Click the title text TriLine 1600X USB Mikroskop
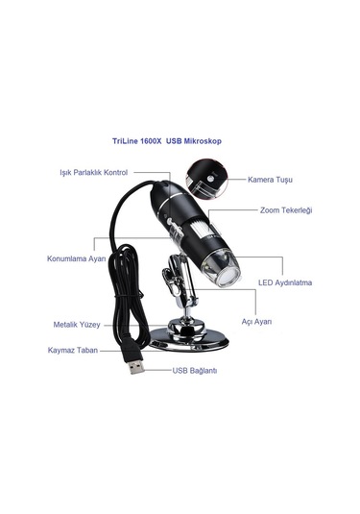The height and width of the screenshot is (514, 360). (x=180, y=140)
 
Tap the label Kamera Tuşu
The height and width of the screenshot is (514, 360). (x=271, y=180)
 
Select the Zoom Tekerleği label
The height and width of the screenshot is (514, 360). (x=284, y=209)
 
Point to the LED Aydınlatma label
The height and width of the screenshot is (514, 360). (x=285, y=282)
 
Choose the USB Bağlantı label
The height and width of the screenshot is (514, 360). (x=195, y=369)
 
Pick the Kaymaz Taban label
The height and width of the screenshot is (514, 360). (x=74, y=350)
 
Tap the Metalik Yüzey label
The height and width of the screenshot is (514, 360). (x=77, y=326)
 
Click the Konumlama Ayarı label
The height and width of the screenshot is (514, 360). (x=77, y=258)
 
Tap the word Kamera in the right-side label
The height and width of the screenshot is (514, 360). (x=261, y=180)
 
